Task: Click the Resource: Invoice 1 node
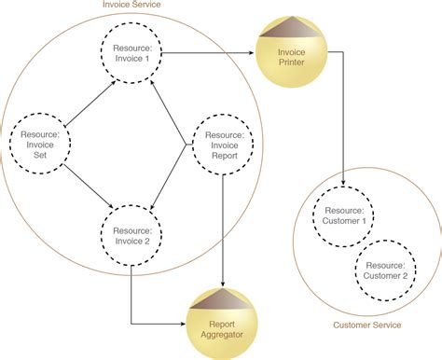131,52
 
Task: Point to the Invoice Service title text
132,6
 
